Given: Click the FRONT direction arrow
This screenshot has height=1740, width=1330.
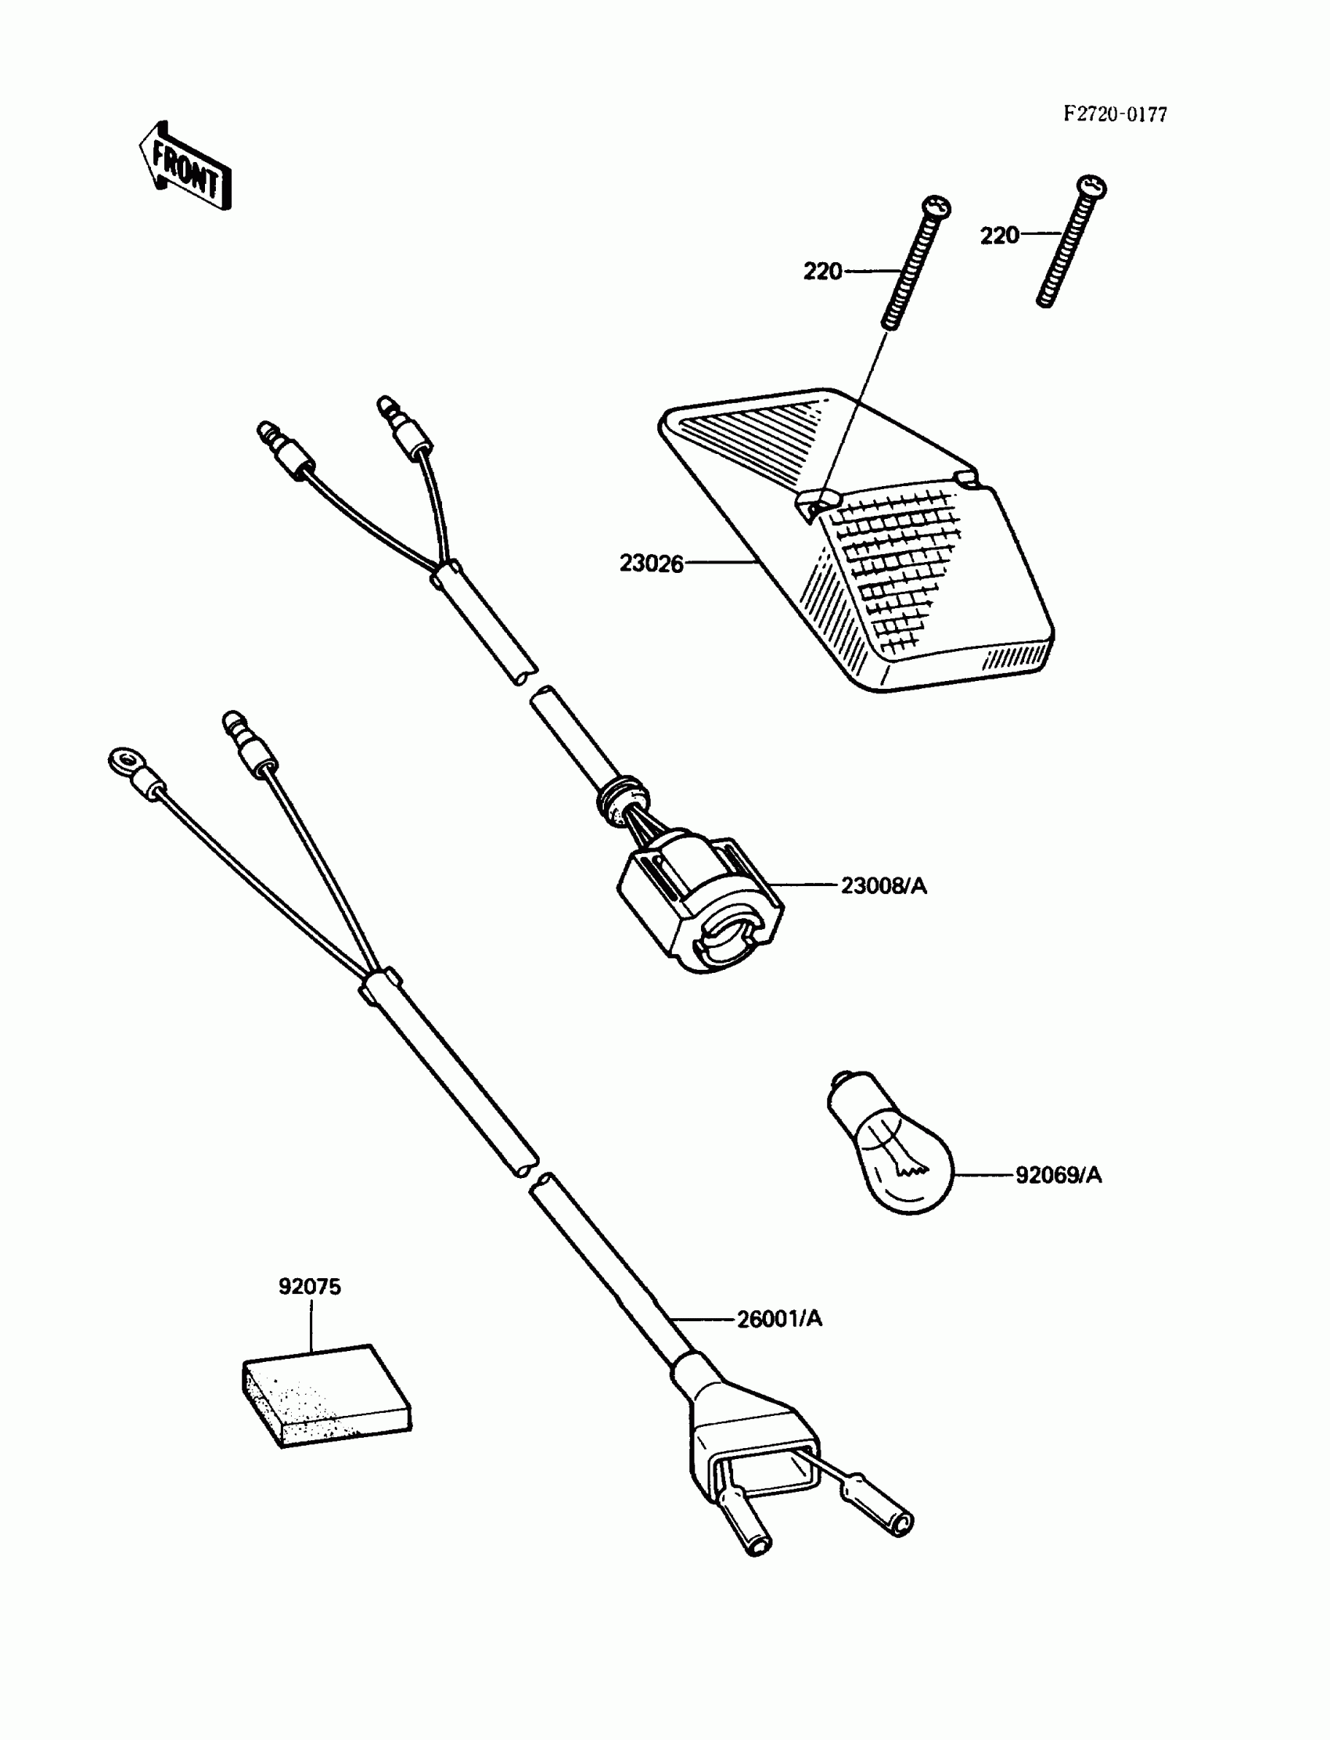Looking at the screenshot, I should point(185,168).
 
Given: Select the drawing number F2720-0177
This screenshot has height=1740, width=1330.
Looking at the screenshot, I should point(1115,115).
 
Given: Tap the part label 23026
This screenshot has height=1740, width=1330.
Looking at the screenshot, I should point(651,563).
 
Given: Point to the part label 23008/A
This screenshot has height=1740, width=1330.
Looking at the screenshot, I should point(883,885).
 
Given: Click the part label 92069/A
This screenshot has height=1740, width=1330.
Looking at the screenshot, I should point(1059,1175).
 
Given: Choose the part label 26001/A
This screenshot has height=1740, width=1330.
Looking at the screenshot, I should point(780,1319).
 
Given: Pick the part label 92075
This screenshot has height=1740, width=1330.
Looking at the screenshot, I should point(310,1287).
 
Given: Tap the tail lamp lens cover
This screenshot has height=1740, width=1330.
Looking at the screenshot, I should point(855,539).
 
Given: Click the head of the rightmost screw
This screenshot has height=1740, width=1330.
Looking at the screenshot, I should point(1092,187).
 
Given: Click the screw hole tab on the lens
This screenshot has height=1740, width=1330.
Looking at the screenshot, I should point(815,503).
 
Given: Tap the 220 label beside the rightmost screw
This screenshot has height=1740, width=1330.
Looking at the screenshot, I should point(999,236).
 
